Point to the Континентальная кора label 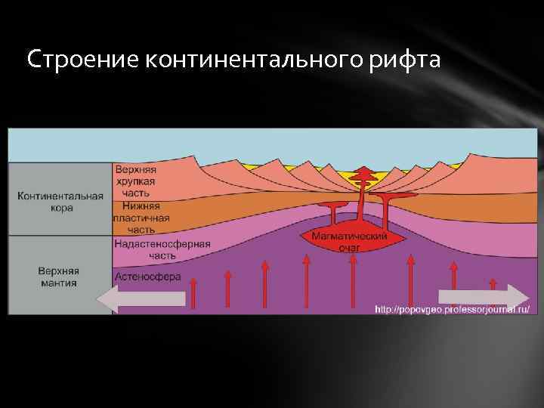(x=60, y=202)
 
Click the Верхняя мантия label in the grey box (x=60, y=276)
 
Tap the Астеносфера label (x=148, y=277)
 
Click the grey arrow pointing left (x=141, y=298)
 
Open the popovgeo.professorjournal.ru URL (x=452, y=308)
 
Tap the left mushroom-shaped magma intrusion (x=331, y=206)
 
